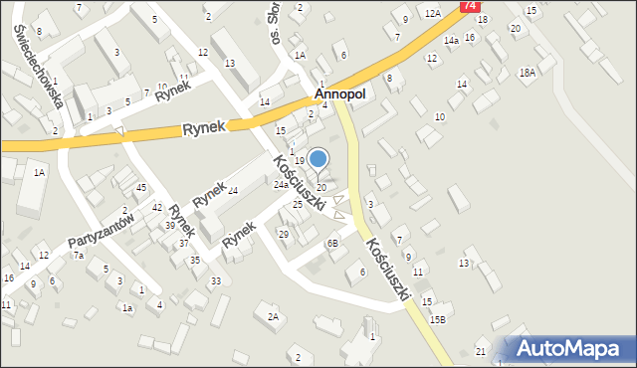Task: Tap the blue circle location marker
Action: coord(318,158)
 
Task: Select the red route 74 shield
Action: coord(468,6)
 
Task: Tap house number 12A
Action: coord(432,13)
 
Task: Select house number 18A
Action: coord(527,73)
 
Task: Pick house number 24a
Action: coord(282,185)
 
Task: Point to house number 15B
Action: coord(438,320)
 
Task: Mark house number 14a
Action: coord(451,41)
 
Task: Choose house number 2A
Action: coord(273,317)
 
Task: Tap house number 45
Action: coord(141,188)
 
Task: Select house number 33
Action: coord(216,281)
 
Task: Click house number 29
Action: coord(284,234)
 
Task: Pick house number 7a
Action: coord(78,256)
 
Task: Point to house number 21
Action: coord(481,353)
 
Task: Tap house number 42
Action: coord(157,207)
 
